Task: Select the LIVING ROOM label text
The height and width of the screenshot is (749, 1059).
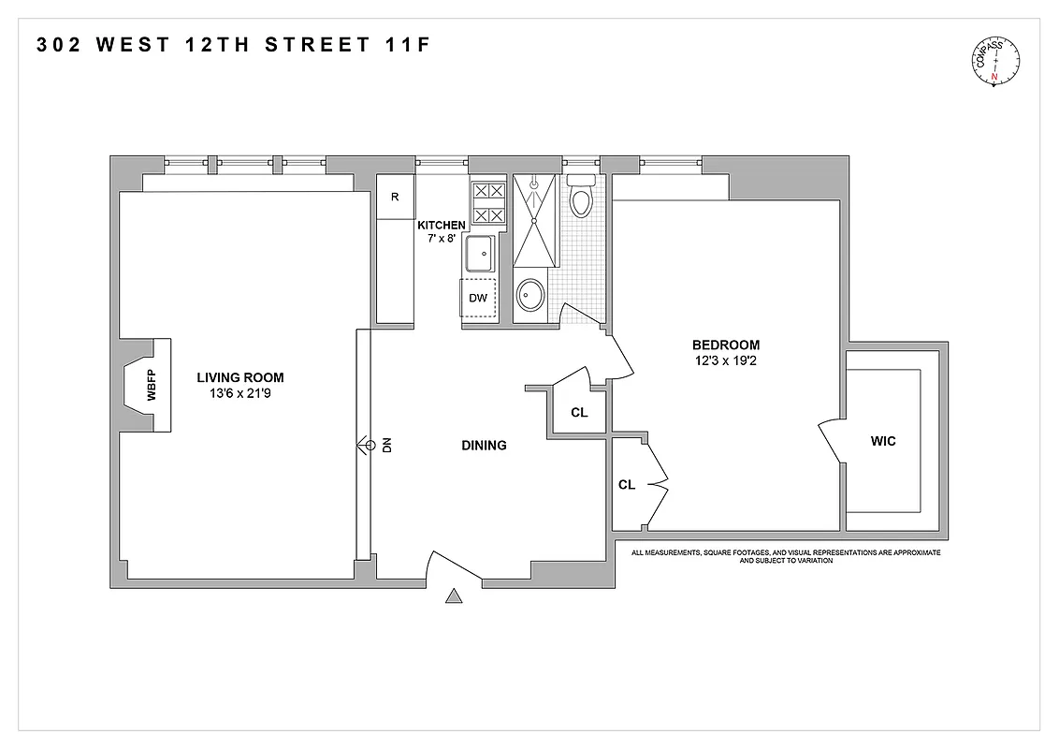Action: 239,377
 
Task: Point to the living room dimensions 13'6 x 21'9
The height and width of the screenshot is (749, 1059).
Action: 239,394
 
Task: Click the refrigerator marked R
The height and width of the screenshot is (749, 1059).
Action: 395,197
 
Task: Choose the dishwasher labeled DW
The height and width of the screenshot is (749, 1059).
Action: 478,299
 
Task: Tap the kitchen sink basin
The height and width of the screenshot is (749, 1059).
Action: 483,253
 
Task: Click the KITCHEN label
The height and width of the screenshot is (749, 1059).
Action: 441,226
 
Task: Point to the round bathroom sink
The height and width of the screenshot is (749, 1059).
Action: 530,297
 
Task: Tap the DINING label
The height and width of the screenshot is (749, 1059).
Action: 484,446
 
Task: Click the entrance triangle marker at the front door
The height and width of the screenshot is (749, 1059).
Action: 455,596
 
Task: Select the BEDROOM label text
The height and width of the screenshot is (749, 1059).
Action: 727,345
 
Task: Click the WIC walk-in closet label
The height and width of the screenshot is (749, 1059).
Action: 882,441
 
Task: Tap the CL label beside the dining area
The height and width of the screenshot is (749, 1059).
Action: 579,413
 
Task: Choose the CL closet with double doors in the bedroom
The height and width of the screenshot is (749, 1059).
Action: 627,485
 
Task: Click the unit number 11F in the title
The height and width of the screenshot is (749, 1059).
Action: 408,44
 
